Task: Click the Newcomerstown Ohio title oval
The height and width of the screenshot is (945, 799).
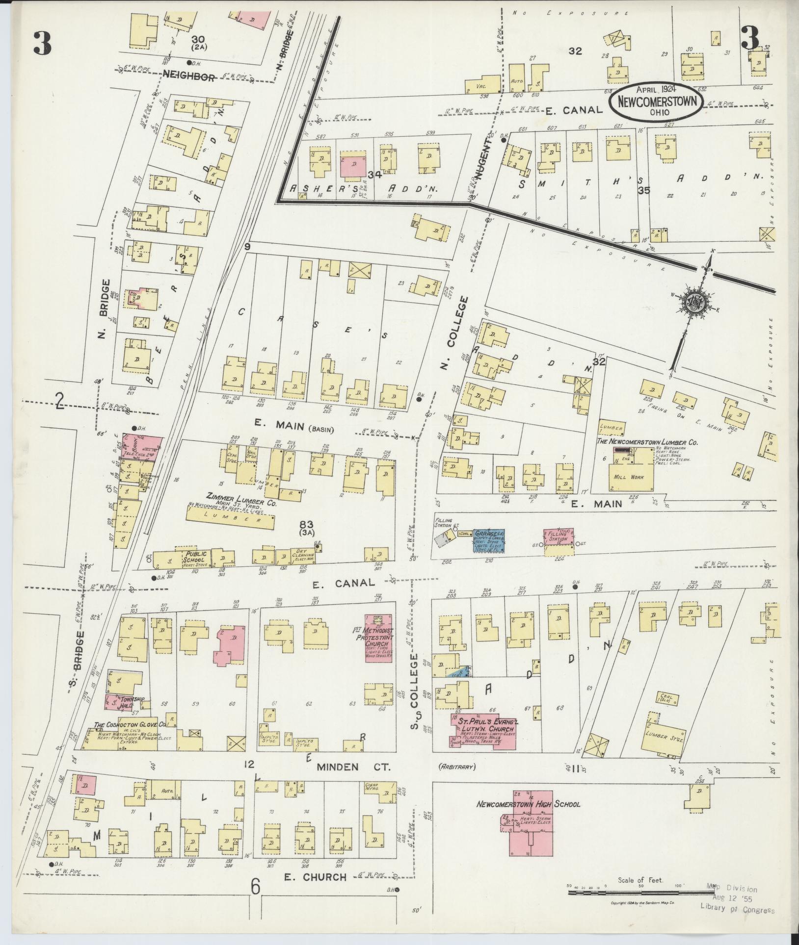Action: pos(656,102)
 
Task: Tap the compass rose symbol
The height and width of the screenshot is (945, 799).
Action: pos(695,302)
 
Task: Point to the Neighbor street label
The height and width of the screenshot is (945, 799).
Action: pos(188,77)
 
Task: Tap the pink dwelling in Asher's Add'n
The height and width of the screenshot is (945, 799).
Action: pos(353,166)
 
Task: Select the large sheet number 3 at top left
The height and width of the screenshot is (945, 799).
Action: pos(42,43)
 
